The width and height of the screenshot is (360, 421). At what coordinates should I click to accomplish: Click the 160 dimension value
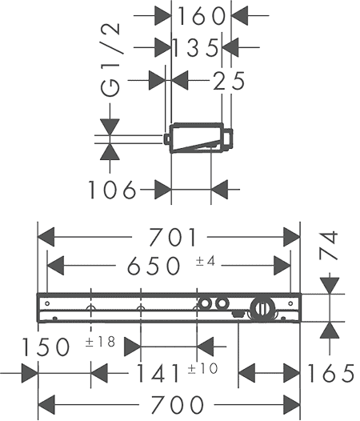point(202,16)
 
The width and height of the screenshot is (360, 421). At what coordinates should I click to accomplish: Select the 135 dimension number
point(195,48)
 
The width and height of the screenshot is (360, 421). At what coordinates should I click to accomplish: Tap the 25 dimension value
point(229,80)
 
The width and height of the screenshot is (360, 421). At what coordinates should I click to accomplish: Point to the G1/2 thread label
point(110,59)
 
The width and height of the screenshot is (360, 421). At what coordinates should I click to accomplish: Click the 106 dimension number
point(112,190)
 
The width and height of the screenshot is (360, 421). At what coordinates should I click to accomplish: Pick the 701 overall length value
point(173,237)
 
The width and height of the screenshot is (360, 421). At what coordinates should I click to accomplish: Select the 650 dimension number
point(154,266)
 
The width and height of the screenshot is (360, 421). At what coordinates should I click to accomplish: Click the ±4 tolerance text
point(206,261)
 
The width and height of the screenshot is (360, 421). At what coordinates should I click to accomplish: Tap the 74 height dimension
point(329,246)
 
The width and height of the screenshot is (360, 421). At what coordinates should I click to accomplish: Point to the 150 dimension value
point(46,347)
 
